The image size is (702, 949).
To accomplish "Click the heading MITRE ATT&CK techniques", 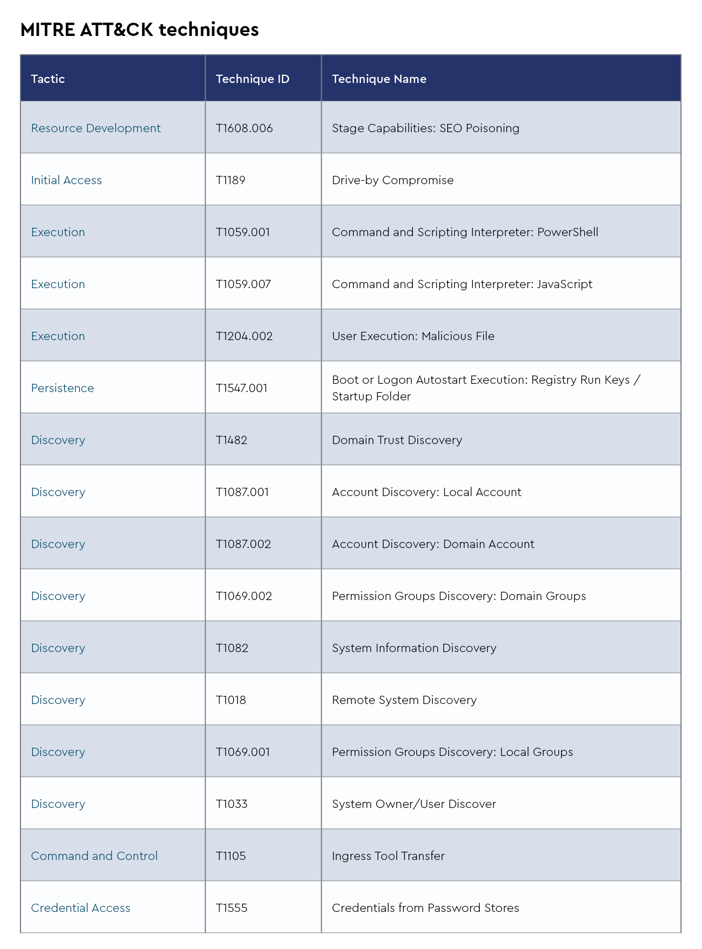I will (x=139, y=30).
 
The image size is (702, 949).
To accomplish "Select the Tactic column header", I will (x=48, y=79).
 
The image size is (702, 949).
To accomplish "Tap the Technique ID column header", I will (x=253, y=79).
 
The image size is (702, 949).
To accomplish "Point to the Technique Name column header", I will (x=379, y=79).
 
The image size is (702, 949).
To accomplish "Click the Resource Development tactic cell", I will (x=96, y=128).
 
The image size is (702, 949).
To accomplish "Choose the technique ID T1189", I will (x=230, y=180).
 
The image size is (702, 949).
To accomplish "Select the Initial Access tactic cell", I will (x=66, y=180).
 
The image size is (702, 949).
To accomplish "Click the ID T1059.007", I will (x=243, y=284).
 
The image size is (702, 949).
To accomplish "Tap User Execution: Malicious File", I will (x=413, y=336).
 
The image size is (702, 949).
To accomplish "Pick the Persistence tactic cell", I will (x=62, y=388).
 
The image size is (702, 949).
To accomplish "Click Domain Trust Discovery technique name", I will (x=397, y=440).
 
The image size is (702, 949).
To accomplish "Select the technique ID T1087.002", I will (x=243, y=544).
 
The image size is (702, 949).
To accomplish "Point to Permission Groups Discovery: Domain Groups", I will (x=459, y=596).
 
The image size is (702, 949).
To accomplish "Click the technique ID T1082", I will (x=232, y=648).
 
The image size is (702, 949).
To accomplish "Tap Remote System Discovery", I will (x=404, y=700).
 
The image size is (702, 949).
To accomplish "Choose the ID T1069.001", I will (x=243, y=752).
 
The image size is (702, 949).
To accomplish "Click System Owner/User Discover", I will (x=414, y=804).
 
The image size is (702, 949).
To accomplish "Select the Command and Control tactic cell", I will (x=95, y=856).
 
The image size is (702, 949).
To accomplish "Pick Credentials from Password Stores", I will (x=426, y=908).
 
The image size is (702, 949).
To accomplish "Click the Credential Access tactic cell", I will (x=81, y=908).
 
